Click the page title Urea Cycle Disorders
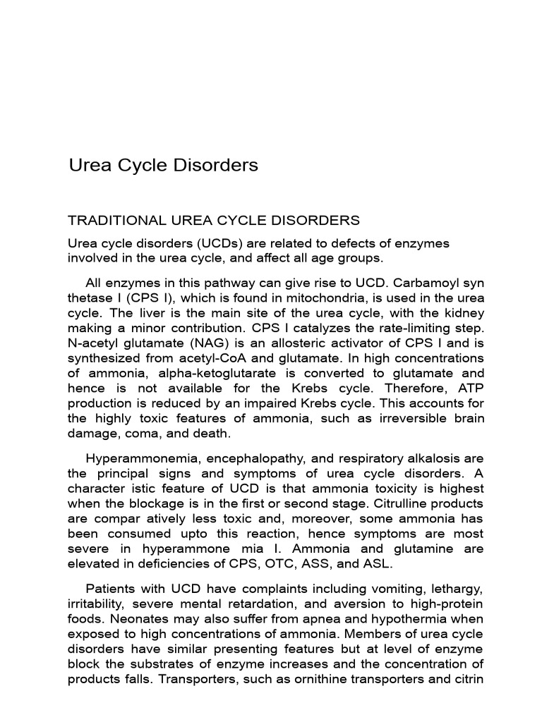point(163,165)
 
